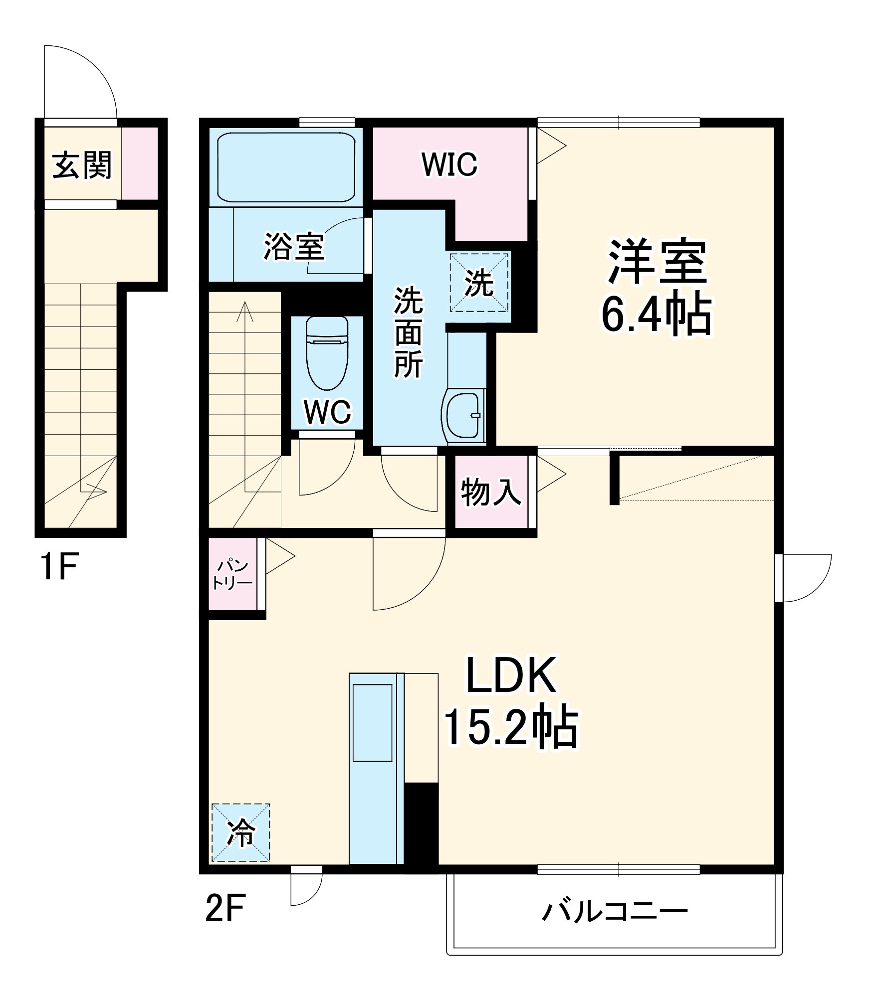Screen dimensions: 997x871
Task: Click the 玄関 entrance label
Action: tap(82, 165)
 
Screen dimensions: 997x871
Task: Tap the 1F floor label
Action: tap(59, 567)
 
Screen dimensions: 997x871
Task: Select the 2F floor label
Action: tap(225, 908)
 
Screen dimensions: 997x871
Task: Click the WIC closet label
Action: tap(449, 164)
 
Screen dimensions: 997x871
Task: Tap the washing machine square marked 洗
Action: tap(479, 283)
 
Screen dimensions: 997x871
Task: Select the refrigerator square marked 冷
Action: tap(240, 832)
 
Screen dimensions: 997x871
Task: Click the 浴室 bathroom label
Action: tap(294, 246)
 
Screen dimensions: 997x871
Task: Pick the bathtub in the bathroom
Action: tap(286, 167)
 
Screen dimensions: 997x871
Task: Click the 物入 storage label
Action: tap(491, 492)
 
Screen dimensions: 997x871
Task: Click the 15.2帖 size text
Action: tap(511, 727)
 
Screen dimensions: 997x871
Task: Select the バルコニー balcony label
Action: tap(615, 911)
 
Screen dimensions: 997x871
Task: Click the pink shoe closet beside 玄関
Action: tap(140, 164)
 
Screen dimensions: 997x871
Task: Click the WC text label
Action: tap(327, 412)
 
